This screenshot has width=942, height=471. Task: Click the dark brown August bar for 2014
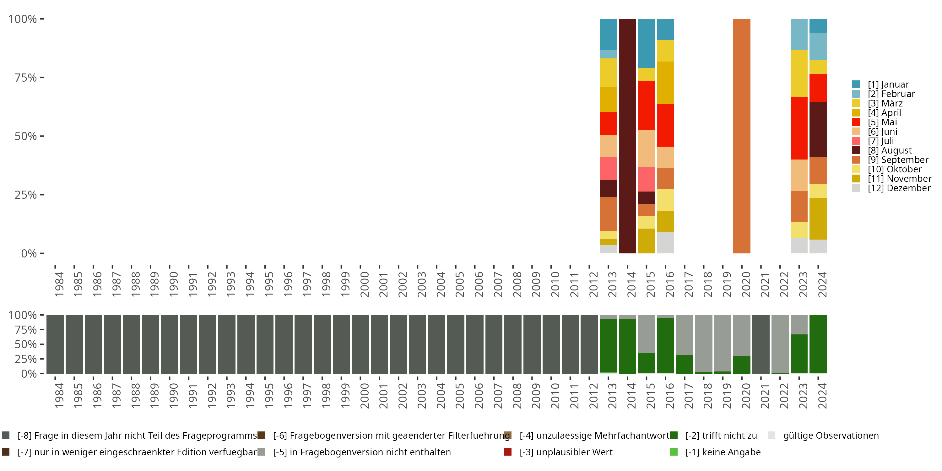coord(627,136)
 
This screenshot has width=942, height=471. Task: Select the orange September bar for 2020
coord(742,136)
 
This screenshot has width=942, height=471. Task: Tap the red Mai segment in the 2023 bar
coord(799,128)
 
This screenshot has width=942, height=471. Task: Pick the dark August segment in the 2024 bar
coord(818,129)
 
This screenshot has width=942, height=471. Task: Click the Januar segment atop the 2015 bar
coord(647,43)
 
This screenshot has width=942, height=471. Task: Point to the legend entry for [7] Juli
coord(882,141)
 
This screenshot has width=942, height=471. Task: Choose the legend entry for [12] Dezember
coord(899,188)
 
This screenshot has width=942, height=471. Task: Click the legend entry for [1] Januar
coord(888,84)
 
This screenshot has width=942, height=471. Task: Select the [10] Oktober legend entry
coord(895,169)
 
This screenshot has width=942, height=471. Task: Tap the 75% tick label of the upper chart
coord(26,78)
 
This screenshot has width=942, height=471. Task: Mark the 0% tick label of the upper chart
coord(29,253)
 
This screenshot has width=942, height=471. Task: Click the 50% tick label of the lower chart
coord(26,344)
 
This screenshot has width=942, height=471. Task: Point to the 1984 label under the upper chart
coord(59,284)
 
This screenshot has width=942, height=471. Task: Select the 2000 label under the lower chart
coord(365,396)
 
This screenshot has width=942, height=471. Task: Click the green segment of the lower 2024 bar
coord(818,344)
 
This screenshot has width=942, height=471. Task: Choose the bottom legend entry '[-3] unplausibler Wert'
coord(566,452)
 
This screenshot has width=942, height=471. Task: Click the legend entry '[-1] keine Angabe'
coord(723,452)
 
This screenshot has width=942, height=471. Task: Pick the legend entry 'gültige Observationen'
coord(831,436)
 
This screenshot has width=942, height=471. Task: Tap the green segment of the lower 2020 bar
coord(742,365)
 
